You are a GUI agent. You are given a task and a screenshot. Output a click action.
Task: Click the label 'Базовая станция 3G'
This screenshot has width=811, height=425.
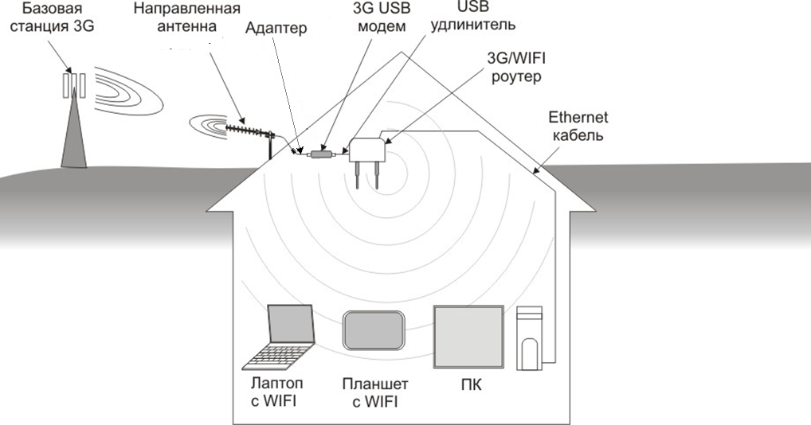point(52,17)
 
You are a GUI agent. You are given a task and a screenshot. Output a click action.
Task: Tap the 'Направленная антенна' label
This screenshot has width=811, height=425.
point(186,17)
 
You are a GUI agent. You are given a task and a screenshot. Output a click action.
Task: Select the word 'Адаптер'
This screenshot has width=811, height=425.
point(276,28)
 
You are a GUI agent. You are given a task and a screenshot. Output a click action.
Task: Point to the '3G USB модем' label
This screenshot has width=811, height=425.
point(382,17)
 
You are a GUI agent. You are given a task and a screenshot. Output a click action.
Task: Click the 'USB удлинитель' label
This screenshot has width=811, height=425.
point(472,15)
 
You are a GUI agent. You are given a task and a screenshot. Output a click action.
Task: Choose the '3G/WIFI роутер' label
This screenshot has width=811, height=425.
point(516,67)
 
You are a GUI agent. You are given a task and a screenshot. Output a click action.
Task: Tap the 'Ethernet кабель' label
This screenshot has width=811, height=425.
point(578,126)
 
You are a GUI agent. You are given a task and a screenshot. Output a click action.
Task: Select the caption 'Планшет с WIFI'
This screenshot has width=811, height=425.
point(375,392)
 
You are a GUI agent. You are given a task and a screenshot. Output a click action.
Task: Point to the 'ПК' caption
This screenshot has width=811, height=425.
point(471,385)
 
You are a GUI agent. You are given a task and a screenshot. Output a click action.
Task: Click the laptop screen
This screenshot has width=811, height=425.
point(291,324)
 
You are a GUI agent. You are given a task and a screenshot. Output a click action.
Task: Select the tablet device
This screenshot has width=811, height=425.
point(374,330)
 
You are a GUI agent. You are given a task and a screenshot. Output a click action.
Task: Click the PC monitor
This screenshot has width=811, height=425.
point(468,337)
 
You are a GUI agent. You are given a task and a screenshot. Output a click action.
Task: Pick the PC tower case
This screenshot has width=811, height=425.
point(530,338)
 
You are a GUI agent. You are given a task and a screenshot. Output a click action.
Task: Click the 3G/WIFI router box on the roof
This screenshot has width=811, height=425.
point(366,150)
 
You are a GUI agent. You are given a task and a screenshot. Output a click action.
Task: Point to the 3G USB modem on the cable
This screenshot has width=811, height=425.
point(322,154)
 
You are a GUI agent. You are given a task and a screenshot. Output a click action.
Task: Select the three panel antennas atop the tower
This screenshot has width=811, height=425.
point(74,85)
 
